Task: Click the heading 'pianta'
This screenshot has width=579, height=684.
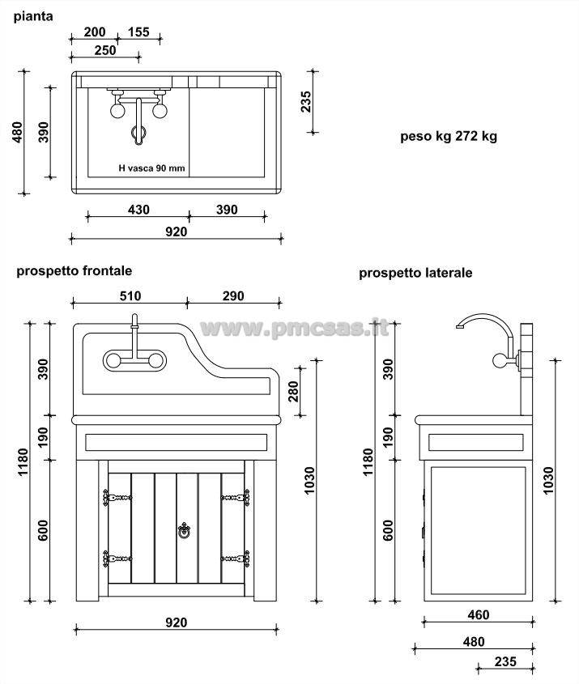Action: tap(33, 15)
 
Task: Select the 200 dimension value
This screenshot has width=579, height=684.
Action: tap(95, 32)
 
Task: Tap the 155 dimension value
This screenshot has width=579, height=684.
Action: tap(138, 32)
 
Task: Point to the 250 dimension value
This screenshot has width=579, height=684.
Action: tap(104, 50)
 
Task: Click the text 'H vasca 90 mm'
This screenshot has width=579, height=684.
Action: tap(151, 168)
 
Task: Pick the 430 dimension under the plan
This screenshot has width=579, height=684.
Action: tap(138, 210)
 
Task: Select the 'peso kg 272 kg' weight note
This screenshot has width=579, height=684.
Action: tap(448, 137)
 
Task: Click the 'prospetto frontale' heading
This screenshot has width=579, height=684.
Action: tap(74, 271)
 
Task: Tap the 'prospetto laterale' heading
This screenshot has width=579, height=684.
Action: tap(415, 273)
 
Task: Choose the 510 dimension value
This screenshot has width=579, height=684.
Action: tap(130, 296)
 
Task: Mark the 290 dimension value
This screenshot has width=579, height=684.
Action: tap(232, 296)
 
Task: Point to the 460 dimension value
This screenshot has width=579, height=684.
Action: tap(479, 615)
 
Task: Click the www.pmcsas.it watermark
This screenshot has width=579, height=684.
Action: tap(294, 328)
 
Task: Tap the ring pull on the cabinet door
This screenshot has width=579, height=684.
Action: tap(183, 531)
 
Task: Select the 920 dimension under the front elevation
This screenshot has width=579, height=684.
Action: tap(176, 622)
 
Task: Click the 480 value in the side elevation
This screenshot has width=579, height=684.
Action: tap(473, 642)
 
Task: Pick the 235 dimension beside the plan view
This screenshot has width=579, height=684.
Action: tap(307, 102)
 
